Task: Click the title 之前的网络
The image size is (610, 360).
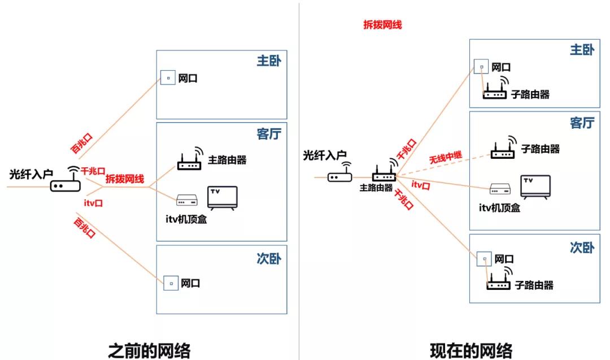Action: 149,350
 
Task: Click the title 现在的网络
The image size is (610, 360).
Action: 470,350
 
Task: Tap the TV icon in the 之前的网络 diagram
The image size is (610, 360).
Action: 223,198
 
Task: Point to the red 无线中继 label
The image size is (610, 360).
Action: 446,155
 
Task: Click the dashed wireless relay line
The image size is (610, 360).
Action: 441,164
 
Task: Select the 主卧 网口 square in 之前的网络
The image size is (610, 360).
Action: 168,78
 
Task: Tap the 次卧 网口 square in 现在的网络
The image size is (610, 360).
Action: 483,259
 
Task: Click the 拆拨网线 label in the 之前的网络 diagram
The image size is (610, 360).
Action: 124,179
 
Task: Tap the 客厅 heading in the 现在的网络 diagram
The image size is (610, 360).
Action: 581,123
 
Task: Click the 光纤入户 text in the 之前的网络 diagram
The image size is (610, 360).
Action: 31,174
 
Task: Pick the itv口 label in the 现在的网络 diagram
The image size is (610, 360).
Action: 421,185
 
